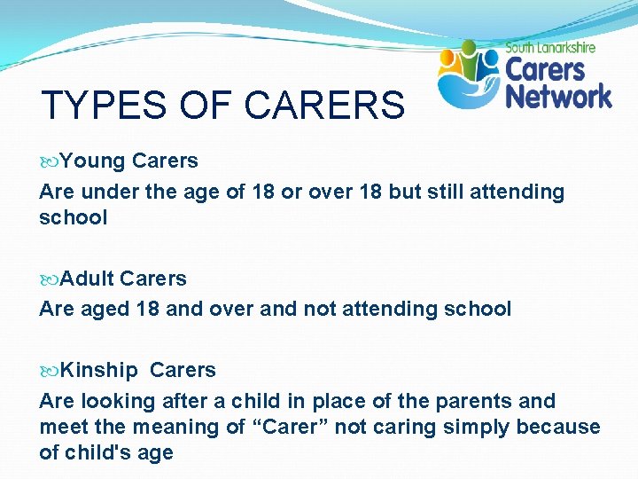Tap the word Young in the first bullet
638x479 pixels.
93,161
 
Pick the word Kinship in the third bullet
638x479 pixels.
99,371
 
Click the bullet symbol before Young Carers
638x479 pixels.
49,161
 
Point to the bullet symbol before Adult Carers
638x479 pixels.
49,279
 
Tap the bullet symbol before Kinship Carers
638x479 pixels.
49,371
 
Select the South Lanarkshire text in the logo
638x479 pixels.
550,48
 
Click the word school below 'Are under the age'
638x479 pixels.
73,218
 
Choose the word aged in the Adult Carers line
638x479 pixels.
104,309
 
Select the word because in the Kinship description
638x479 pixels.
558,428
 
